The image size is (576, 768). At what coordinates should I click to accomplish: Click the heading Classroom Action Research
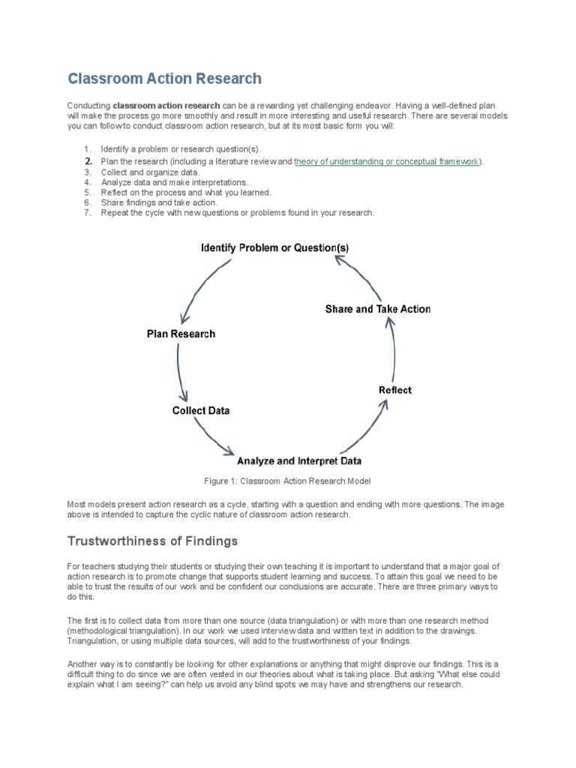[165, 79]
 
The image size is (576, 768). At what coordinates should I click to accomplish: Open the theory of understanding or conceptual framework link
[386, 161]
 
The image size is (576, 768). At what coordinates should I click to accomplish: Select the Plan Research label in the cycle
[181, 334]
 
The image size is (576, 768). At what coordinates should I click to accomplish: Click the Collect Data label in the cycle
[201, 410]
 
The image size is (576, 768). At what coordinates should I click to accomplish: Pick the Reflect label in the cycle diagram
[394, 390]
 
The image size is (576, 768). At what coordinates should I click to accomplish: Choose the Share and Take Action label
[378, 309]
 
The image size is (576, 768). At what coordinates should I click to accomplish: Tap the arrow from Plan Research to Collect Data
[180, 372]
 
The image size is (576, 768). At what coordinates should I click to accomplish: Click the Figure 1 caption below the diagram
[288, 481]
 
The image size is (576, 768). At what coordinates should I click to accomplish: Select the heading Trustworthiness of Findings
[152, 541]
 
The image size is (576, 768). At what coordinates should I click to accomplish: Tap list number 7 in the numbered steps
[87, 213]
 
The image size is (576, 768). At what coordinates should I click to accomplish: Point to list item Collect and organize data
[151, 172]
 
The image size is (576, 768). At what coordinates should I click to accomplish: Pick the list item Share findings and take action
[159, 202]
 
